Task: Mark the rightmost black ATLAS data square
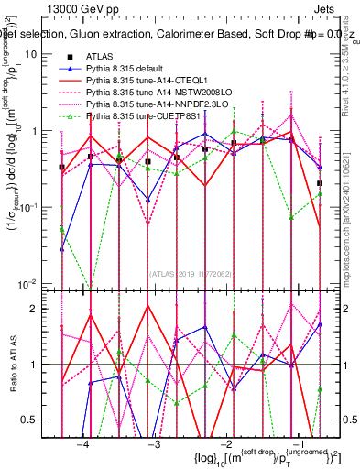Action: click(320, 183)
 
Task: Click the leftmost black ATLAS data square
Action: click(61, 167)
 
